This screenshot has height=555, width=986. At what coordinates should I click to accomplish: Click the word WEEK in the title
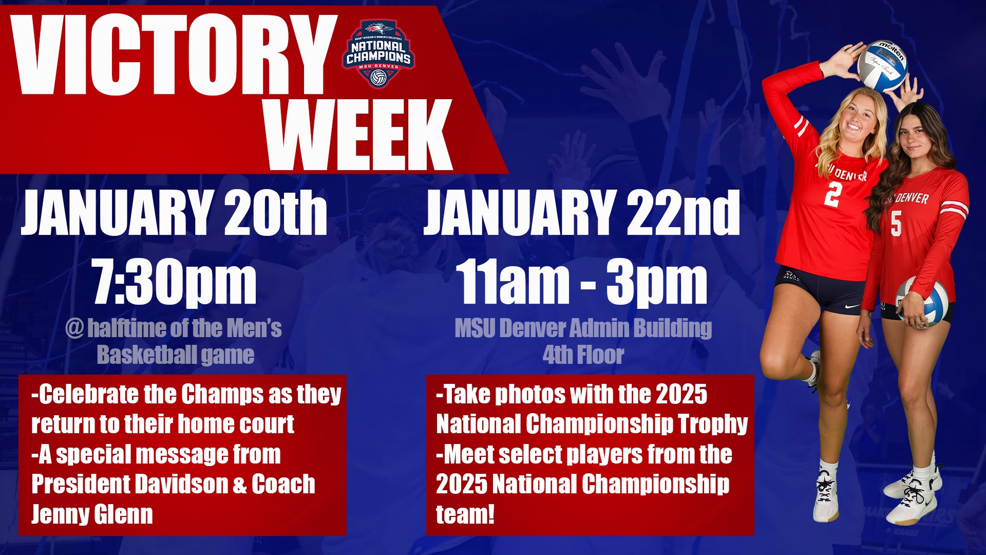click(359, 135)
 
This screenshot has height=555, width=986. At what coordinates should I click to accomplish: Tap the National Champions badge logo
click(378, 54)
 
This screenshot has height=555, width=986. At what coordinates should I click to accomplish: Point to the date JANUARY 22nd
click(581, 212)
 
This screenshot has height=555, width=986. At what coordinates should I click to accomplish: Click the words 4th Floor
click(583, 355)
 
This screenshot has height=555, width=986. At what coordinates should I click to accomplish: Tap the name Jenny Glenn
click(92, 514)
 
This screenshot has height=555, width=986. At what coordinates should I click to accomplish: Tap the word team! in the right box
click(465, 514)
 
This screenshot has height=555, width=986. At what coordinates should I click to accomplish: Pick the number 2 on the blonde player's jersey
click(833, 194)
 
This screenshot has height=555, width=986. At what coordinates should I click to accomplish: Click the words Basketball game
click(176, 355)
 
